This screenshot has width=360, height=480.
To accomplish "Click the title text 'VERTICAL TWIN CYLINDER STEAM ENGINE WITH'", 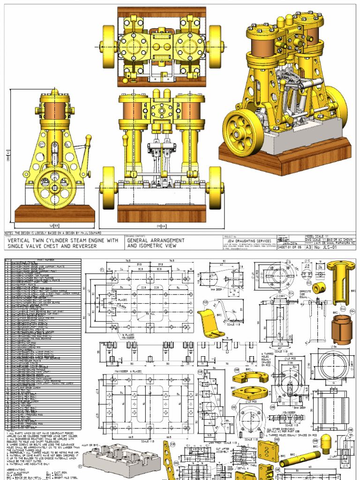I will (x=63, y=240).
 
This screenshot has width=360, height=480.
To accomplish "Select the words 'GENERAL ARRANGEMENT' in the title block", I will (x=156, y=240).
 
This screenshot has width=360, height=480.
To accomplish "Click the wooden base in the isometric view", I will (x=281, y=159).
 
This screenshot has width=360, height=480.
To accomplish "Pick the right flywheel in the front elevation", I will (x=216, y=187).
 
